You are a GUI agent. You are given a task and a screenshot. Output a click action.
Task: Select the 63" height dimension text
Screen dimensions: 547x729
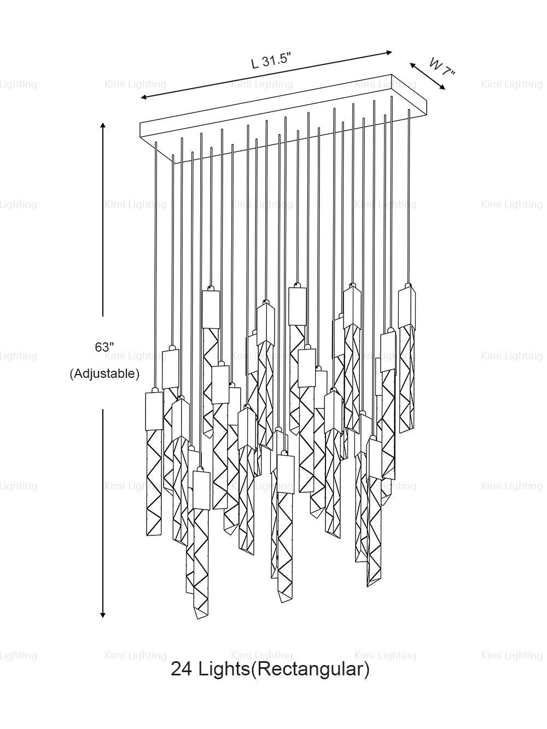[104, 347]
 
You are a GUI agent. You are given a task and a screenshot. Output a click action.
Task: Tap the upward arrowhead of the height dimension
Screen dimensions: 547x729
[103, 126]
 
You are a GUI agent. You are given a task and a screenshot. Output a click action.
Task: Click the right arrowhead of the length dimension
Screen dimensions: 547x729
[388, 52]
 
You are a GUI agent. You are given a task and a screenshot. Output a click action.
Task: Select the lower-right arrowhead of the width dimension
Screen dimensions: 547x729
[442, 87]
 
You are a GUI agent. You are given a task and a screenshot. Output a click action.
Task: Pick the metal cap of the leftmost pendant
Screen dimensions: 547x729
[154, 411]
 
